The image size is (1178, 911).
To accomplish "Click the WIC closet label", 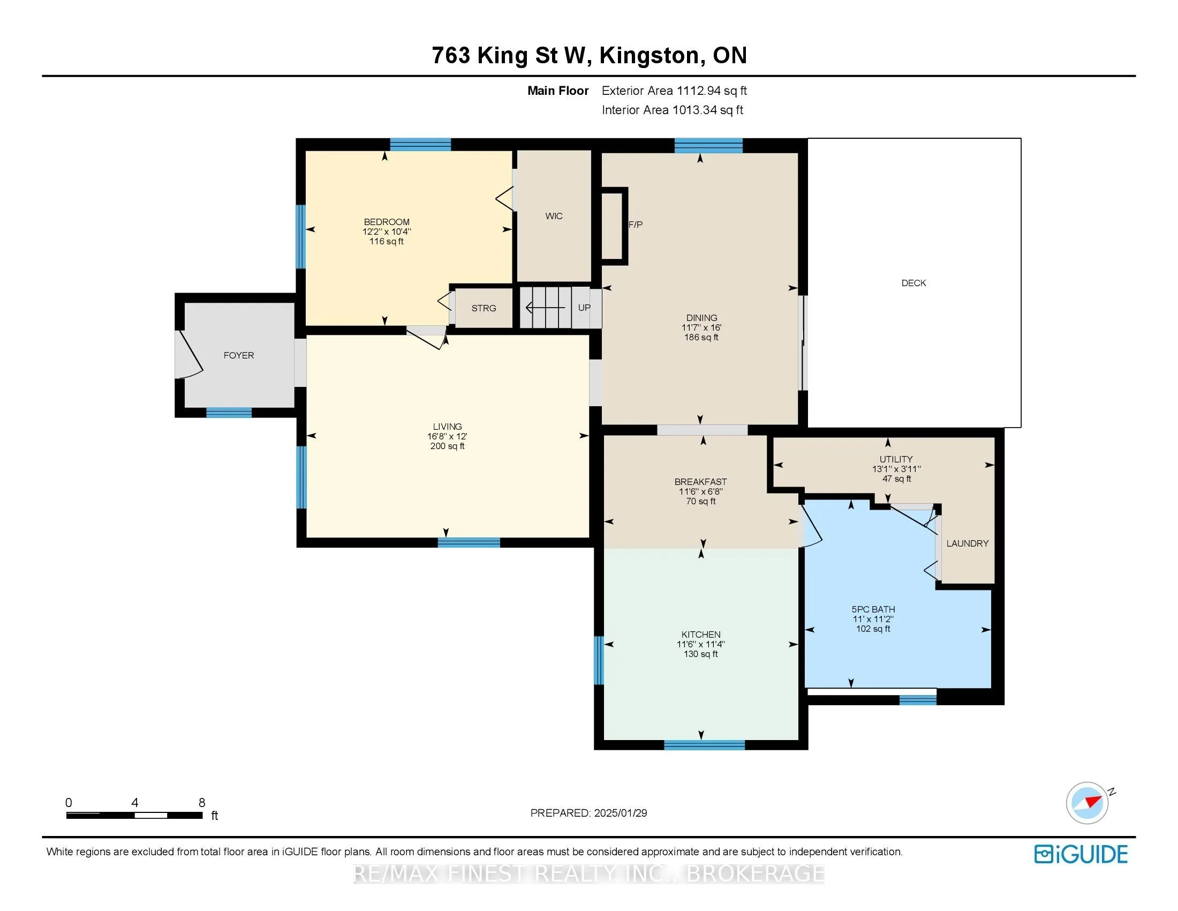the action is (x=554, y=216).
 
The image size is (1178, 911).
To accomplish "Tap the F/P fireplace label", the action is (x=636, y=225).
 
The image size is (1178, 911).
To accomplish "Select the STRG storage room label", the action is (x=484, y=308).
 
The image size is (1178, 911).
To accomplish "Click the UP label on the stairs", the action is (x=584, y=308).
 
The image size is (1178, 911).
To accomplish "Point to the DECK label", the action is (x=913, y=283).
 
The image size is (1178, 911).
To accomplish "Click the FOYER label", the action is (x=238, y=355).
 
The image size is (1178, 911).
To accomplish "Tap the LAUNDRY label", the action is (x=968, y=543).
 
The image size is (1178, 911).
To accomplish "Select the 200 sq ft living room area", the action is (x=447, y=446).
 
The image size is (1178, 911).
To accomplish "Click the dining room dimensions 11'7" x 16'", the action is (x=701, y=327).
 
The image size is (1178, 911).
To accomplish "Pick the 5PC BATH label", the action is (x=873, y=609).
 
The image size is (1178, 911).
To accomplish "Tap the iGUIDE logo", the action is (x=1081, y=854).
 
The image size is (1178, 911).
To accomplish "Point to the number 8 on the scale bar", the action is (x=202, y=803).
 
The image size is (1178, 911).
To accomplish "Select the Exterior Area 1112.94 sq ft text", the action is (x=674, y=91).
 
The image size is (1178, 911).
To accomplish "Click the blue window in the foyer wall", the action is (x=229, y=413).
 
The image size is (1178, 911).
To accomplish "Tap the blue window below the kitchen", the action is (x=704, y=745).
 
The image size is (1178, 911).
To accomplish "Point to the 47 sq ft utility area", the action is (x=896, y=479).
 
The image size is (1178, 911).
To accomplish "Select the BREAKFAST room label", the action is (x=701, y=481).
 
